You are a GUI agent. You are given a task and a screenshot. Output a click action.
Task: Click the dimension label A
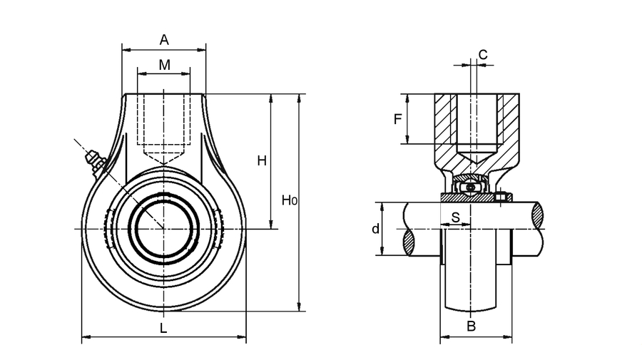point(164,39)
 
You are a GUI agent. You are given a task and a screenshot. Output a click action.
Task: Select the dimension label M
point(164,65)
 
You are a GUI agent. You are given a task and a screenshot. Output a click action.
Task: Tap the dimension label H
point(262,161)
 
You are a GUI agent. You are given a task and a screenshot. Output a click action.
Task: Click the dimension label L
point(163,328)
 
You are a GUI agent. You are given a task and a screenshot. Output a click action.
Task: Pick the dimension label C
point(482,54)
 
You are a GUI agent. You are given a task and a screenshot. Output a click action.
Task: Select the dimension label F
point(398,119)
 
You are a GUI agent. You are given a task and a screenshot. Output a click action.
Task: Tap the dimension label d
point(374,229)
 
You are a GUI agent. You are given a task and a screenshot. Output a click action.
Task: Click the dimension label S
point(455,218)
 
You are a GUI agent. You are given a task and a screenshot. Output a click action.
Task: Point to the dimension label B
point(470,326)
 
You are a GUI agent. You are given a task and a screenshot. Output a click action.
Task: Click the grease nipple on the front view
point(93,160)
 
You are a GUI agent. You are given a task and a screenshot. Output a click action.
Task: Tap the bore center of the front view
point(164,229)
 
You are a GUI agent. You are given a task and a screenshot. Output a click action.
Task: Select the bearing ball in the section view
point(470,187)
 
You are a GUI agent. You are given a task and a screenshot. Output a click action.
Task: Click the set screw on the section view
point(501,197)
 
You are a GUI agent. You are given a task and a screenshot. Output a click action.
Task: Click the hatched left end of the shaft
point(409,242)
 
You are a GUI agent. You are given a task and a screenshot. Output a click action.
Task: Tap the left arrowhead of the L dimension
point(85,336)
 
